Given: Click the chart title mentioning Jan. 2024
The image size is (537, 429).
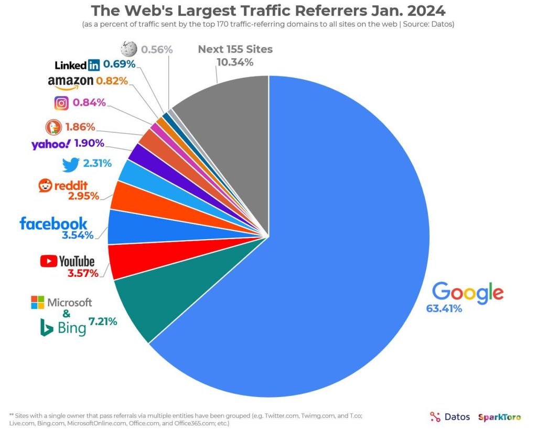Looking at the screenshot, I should point(268,11).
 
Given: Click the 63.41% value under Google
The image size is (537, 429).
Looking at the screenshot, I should point(444,308).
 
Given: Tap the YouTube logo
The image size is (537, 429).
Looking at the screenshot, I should point(68,261).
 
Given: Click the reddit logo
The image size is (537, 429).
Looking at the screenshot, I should point(62,185).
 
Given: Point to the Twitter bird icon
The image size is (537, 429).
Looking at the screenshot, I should point(70,164).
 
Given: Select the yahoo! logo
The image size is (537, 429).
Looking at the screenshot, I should point(50,144).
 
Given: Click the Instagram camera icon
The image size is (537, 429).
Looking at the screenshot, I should point(61,103).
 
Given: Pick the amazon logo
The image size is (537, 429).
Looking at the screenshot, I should point(70,82).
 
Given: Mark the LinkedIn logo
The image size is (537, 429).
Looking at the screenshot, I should point(77,65).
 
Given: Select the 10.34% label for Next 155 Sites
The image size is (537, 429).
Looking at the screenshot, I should point(235,62).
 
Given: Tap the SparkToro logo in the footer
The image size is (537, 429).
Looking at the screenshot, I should point(499,417).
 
